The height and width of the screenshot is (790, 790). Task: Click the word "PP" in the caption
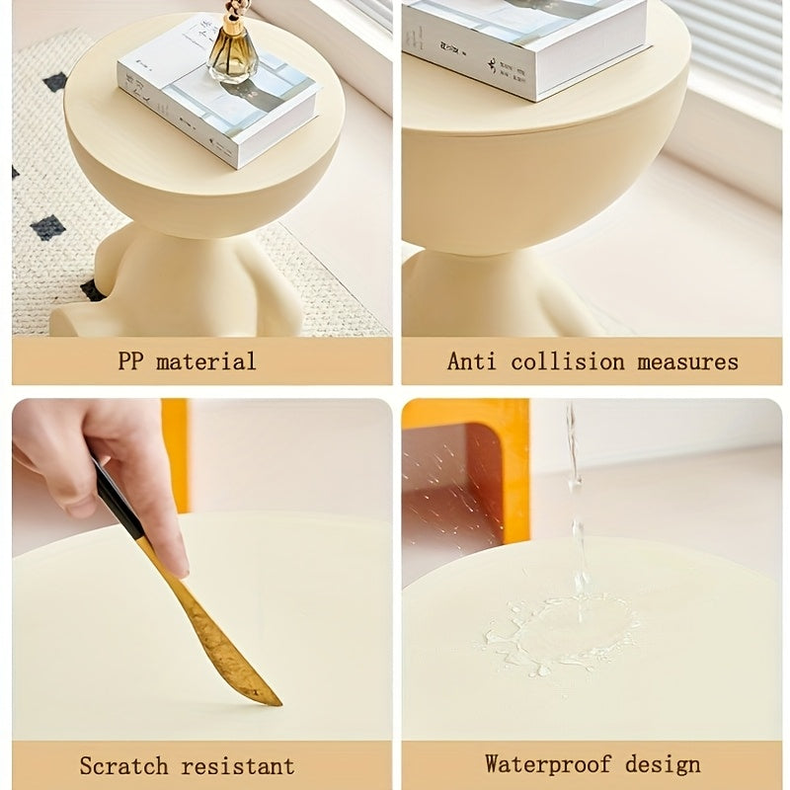(130, 361)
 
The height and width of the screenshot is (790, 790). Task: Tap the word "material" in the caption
(206, 361)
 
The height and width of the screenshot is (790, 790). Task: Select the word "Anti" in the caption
(472, 361)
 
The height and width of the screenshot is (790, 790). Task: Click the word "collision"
(568, 361)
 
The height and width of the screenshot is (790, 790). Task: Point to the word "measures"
(687, 361)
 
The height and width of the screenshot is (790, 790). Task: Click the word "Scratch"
(123, 766)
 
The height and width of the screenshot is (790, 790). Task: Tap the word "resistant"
(238, 766)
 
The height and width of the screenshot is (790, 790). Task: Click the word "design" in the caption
(663, 764)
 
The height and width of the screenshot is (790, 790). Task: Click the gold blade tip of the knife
(276, 702)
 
